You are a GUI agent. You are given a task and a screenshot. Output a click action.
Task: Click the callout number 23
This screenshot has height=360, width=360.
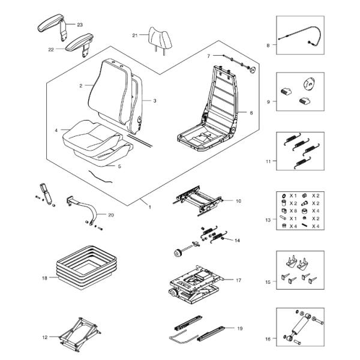click(x=80, y=25)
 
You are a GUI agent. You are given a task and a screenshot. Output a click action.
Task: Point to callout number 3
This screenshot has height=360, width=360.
click(x=154, y=101)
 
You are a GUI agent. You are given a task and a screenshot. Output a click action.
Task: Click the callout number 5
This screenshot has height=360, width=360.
click(x=119, y=166)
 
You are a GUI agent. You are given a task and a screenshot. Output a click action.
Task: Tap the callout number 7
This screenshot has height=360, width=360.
click(x=208, y=56)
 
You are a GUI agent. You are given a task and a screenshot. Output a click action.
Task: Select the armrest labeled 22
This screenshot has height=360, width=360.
click(x=77, y=42)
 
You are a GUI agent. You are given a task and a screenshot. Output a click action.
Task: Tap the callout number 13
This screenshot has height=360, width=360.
click(x=268, y=220)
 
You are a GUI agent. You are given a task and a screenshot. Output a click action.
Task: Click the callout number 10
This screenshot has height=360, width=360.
click(x=238, y=200)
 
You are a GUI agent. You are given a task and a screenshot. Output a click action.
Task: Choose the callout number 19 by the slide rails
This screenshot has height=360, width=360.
click(x=240, y=328)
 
